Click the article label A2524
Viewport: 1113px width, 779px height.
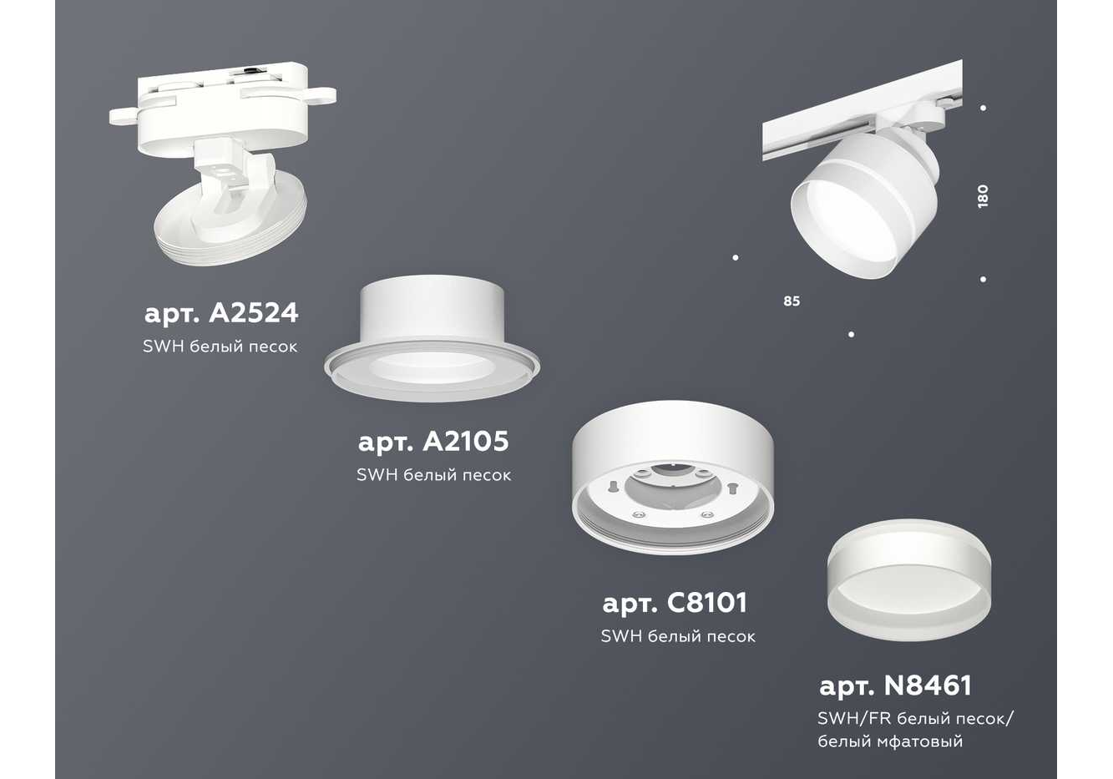pos(221,314)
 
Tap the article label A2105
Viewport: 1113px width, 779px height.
pos(433,442)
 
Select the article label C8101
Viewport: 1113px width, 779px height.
pos(675,604)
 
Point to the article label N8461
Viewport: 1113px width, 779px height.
pos(895,686)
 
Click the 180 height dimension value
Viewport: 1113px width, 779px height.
pos(982,196)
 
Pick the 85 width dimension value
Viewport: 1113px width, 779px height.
pos(792,301)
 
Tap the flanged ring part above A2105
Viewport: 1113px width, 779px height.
pos(432,338)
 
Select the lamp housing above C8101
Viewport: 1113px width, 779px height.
pos(673,477)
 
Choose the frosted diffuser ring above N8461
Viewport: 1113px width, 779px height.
pos(908,579)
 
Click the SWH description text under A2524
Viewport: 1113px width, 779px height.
pos(220,347)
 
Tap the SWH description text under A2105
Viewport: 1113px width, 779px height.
pos(434,475)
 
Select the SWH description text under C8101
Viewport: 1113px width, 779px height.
pos(678,636)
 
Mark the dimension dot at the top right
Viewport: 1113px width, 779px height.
pos(983,108)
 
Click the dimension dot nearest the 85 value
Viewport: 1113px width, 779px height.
pos(736,257)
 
